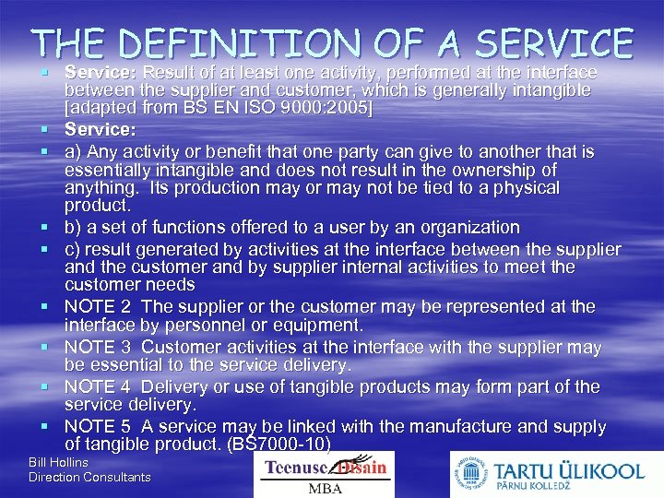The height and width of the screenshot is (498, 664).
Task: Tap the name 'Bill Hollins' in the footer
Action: pos(58,462)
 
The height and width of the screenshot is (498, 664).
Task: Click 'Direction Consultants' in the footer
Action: pos(89,477)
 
